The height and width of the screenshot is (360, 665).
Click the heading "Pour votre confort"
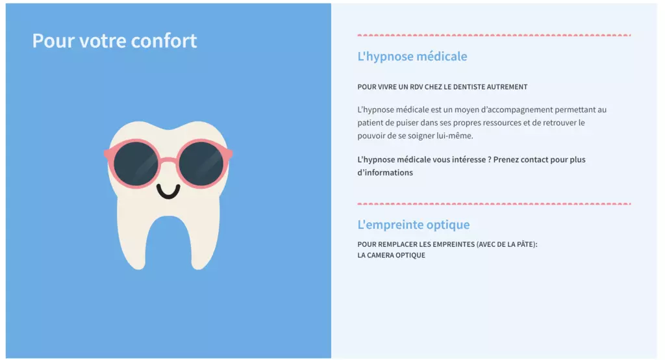(114, 41)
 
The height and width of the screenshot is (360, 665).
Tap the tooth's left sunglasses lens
(135, 164)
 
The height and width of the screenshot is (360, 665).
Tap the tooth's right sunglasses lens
(201, 164)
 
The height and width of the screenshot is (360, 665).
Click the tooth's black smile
(168, 192)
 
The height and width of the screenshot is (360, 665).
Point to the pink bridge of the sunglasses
(168, 160)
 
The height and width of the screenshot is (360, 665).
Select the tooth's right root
(205, 242)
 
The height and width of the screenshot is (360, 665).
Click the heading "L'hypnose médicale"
(412, 57)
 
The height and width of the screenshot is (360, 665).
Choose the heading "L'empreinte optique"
(414, 225)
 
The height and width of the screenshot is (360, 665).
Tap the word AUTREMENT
(507, 87)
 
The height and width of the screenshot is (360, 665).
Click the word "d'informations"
(385, 173)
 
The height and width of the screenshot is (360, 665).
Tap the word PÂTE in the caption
(526, 244)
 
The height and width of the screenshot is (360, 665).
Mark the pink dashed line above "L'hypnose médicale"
(494, 35)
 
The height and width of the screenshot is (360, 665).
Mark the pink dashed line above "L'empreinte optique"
(494, 204)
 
